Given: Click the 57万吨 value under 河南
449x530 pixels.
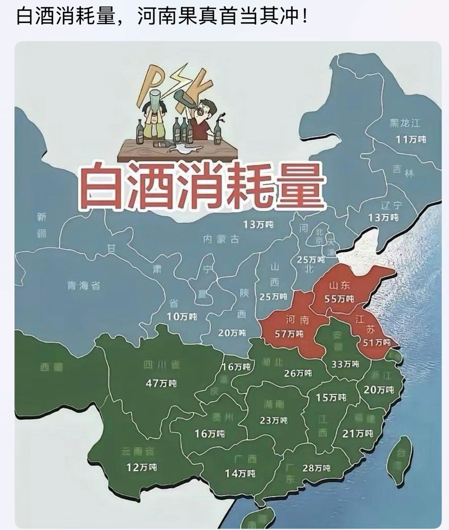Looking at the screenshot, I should pos(289,334).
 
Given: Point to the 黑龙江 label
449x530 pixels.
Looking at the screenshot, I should pos(405,123).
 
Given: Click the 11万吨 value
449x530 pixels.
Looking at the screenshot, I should pos(411,139).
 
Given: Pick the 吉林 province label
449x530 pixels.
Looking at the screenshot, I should pos(403,171).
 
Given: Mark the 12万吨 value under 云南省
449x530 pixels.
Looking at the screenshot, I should pos(142,467).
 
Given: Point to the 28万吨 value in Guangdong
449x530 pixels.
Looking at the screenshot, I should pos(316,468).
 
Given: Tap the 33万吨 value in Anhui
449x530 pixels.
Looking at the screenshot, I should pos(345,364).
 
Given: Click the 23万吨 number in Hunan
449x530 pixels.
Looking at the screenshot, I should pos(273,421).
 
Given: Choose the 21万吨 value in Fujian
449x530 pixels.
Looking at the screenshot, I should pos(358,433).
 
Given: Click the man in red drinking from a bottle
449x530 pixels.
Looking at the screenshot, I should pos(202,118).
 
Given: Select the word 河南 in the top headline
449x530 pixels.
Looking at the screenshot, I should pos(154,17).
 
